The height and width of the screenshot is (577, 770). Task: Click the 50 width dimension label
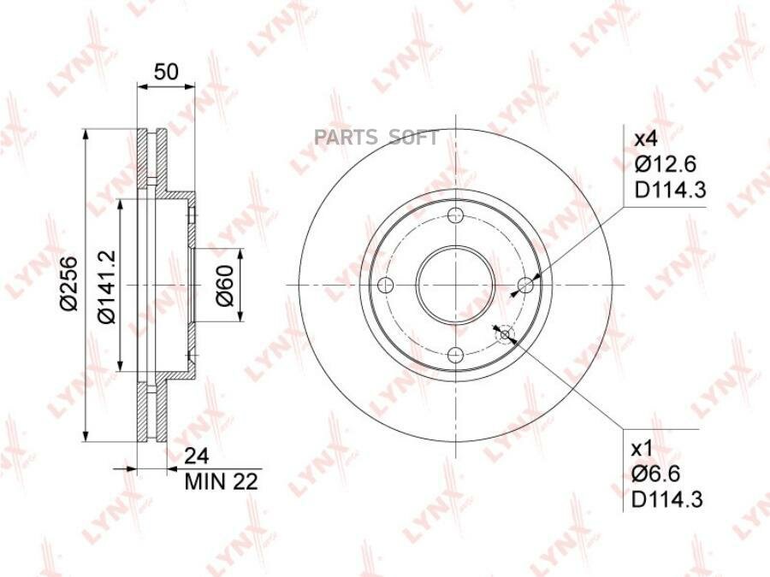point(165,72)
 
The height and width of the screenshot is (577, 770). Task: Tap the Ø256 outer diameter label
point(68,283)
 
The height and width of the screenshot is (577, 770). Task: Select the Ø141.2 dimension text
point(106,287)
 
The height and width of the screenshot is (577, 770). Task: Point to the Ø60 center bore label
point(225,285)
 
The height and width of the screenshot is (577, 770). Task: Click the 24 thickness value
point(197,456)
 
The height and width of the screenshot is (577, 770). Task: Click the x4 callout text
point(645,138)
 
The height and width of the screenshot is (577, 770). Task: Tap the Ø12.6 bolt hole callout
point(666,164)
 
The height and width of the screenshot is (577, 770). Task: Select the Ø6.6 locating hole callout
point(656,474)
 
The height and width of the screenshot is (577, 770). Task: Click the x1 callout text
point(642,449)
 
